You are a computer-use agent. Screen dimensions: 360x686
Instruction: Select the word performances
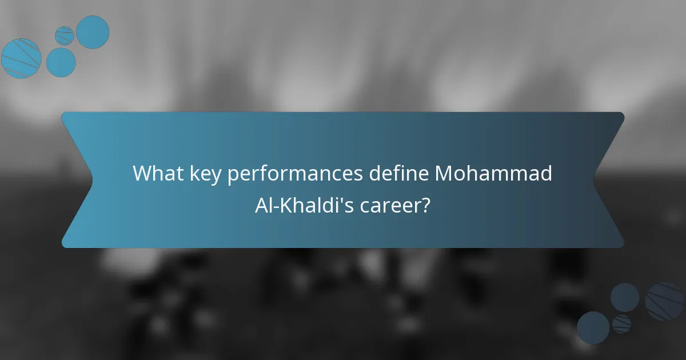295,174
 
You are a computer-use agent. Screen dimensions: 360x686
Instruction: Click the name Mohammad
493,174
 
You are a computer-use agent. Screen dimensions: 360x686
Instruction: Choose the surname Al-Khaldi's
305,205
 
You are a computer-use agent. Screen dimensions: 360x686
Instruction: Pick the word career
392,205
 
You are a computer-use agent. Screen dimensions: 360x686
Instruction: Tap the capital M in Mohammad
444,174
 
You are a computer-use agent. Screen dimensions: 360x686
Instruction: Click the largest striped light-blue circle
21,58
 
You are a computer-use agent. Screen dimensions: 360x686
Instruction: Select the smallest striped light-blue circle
65,35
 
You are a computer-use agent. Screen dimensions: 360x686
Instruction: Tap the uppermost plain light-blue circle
93,32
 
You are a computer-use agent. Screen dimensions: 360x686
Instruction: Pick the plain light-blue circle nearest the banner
61,62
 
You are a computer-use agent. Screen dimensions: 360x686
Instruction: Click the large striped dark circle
665,301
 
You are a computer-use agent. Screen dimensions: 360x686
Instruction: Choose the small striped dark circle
621,324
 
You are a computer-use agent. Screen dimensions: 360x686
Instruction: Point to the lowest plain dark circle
593,328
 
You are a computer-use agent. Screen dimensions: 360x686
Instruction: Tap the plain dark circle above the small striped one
624,297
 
